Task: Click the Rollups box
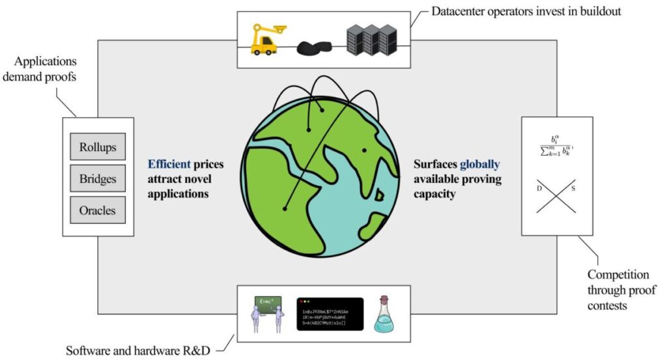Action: pos(98,146)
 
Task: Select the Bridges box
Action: pos(98,178)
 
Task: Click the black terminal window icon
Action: pos(330,314)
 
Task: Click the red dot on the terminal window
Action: pos(302,301)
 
